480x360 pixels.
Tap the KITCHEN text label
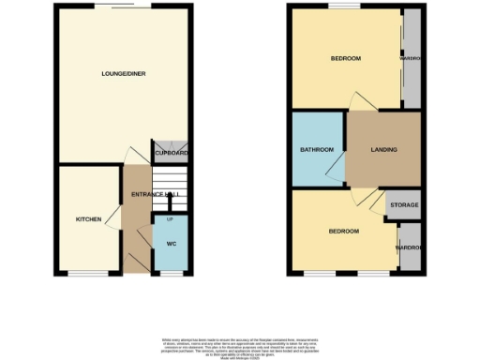88,218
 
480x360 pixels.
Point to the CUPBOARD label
172,153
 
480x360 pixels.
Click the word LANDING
383,149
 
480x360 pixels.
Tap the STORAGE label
404,204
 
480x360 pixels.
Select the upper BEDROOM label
345,59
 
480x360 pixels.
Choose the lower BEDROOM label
343,231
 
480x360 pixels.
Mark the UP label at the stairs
170,219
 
